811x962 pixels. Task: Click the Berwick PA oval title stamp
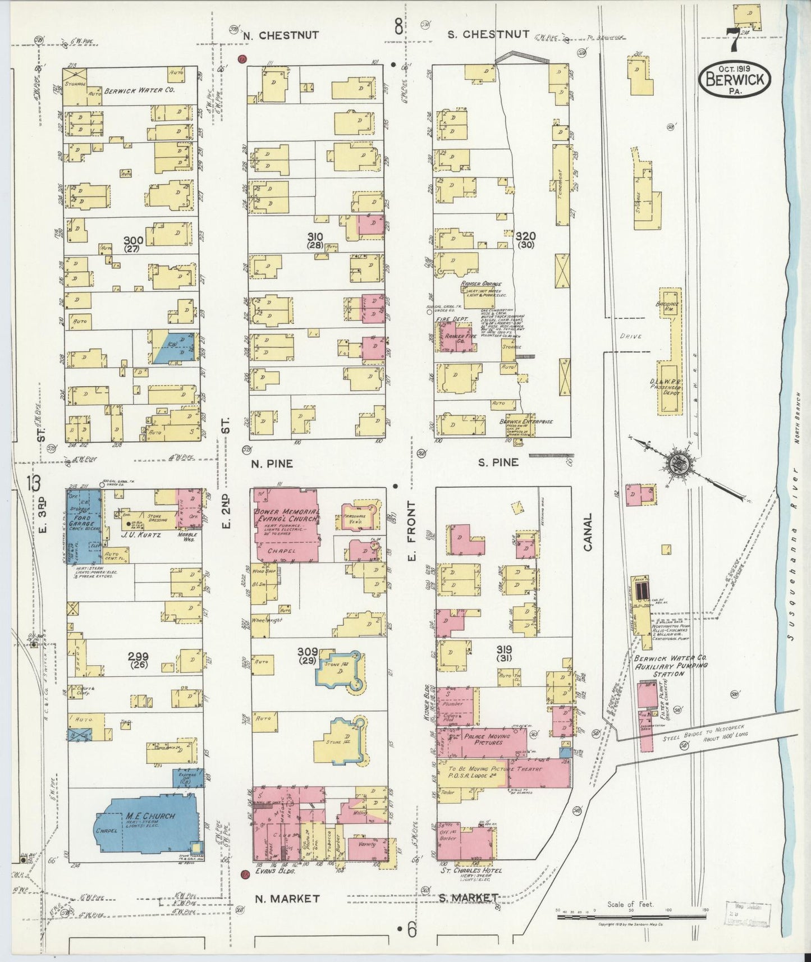tap(735, 79)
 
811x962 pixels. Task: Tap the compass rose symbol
tap(681, 465)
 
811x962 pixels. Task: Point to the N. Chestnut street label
tap(281, 35)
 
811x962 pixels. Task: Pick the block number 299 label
tap(138, 656)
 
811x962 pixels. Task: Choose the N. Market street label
tap(287, 899)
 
